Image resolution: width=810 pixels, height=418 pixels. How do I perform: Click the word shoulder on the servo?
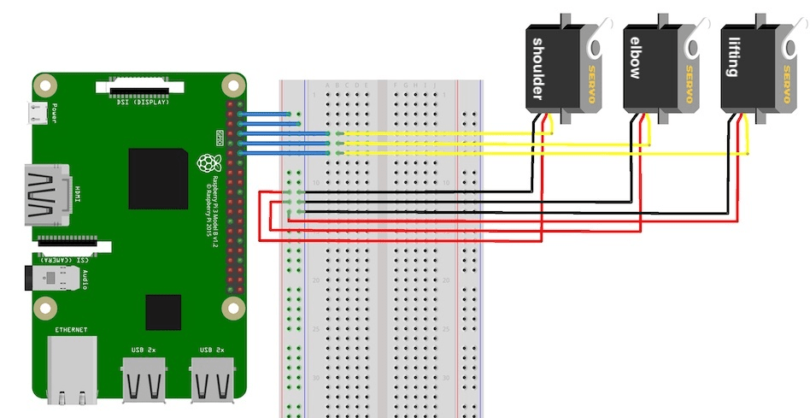tap(537, 68)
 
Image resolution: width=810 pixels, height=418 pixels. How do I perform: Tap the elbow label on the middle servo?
tap(635, 57)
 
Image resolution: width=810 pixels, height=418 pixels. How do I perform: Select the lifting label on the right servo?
tap(732, 56)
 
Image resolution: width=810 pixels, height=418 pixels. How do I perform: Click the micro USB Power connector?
tap(37, 111)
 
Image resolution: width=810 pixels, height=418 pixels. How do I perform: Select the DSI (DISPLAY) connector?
tap(140, 86)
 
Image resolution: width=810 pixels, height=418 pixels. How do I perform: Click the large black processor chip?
tap(158, 179)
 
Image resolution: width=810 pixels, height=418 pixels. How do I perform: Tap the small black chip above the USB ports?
tap(163, 312)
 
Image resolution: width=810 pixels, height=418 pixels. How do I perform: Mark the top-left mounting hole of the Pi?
tap(45, 85)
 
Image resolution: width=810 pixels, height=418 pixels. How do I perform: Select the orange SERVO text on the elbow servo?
tap(690, 72)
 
